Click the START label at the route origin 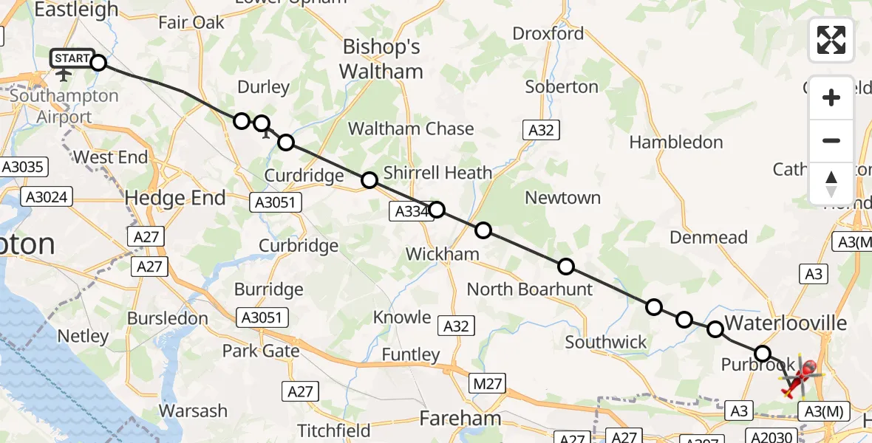[72, 58]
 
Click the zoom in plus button [831, 97]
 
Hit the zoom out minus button [831, 140]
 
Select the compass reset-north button [831, 183]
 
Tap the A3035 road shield [24, 167]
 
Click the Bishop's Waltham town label [382, 60]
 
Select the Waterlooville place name [786, 323]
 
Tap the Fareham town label [460, 419]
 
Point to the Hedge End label [175, 198]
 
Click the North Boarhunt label [529, 289]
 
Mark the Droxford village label [548, 33]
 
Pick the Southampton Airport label [64, 106]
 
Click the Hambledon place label [675, 142]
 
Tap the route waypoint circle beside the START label [98, 62]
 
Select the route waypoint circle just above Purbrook [762, 354]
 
